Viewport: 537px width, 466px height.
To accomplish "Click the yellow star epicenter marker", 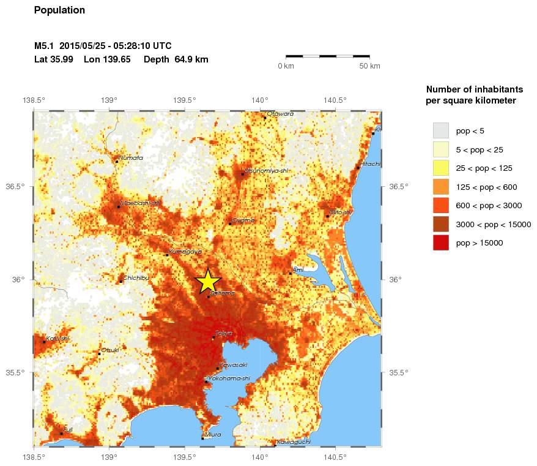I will (208, 282).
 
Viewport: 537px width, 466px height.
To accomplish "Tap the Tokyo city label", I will (224, 333).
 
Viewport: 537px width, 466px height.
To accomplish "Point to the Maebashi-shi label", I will (140, 203).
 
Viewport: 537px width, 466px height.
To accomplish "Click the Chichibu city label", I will (136, 277).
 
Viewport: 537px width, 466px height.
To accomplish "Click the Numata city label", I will (131, 157).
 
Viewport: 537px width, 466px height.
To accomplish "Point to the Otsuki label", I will (110, 350).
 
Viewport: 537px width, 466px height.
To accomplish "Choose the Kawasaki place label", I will (233, 364).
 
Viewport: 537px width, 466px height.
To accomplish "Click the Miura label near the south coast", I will (213, 434).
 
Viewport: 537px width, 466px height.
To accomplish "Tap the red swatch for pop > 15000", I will (440, 243).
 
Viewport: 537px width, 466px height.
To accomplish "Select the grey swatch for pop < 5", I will (440, 130).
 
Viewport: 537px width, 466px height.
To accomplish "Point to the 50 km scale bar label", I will (369, 66).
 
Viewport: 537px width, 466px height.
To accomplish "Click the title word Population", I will (59, 10).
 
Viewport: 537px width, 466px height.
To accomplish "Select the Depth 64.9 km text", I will (176, 59).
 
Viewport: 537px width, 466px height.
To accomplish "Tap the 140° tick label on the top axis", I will (260, 100).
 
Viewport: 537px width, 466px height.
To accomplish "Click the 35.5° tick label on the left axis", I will (17, 372).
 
